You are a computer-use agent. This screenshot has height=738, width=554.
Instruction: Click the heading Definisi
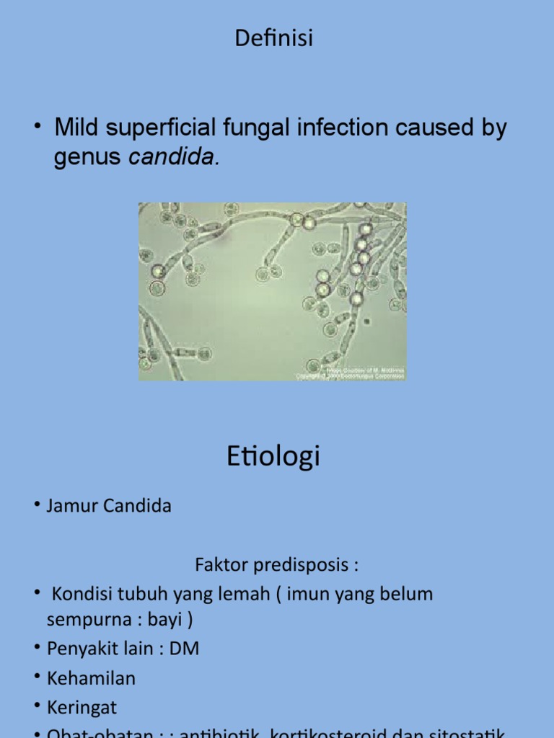coord(274,38)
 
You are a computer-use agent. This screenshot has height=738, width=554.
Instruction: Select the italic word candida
coord(173,157)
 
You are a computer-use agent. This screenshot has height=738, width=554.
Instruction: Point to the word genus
coord(87,157)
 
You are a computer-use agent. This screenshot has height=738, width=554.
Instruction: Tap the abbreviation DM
coord(185,649)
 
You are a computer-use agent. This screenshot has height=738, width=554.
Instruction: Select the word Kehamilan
coord(91,678)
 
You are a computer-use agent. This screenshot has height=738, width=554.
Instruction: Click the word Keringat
coord(82,708)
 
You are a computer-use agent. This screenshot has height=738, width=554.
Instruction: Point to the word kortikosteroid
coord(333,734)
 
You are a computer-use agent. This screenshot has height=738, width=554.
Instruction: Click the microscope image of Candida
coord(272,291)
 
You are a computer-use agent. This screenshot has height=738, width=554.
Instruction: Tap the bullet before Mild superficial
coord(36,128)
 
